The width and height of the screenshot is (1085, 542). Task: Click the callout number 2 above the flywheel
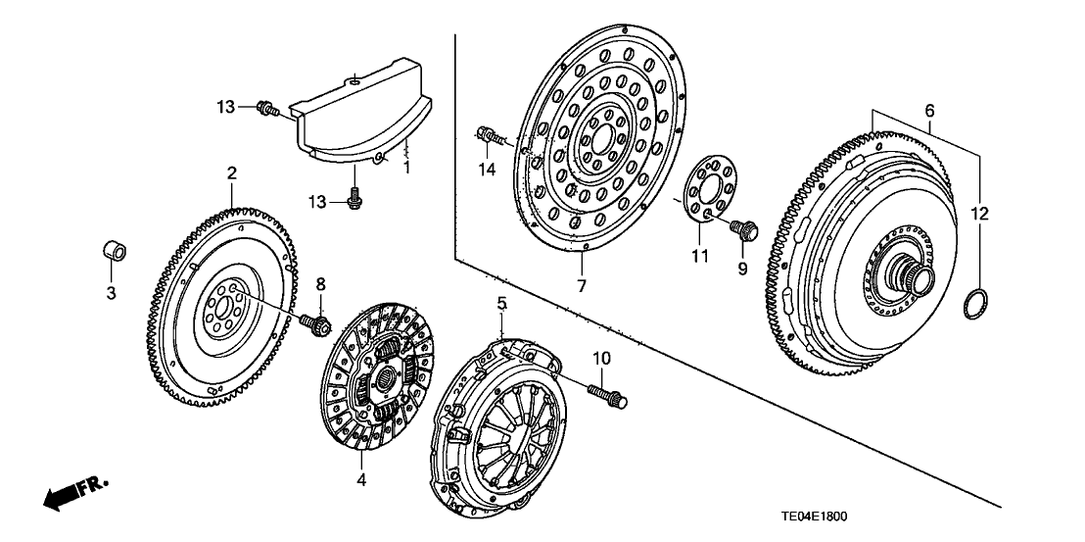pyautogui.click(x=232, y=173)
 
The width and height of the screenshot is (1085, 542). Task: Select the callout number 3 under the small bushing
pyautogui.click(x=111, y=292)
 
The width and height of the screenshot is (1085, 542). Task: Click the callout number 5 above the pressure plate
pyautogui.click(x=501, y=305)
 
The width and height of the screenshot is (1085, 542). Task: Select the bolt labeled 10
pyautogui.click(x=608, y=396)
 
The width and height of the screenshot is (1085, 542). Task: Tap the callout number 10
pyautogui.click(x=600, y=359)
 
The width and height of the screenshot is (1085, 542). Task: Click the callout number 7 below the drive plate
pyautogui.click(x=582, y=285)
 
